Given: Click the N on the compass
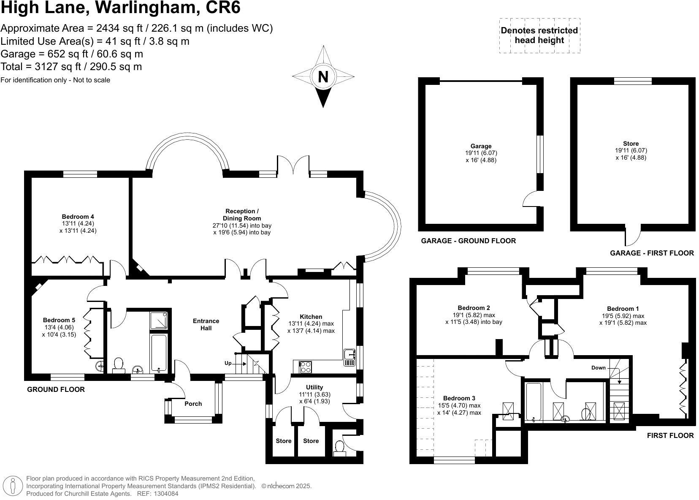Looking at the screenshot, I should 323,77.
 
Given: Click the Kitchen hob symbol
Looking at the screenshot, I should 305,367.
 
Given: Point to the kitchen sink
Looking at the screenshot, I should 349,357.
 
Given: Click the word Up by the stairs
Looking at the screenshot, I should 228,363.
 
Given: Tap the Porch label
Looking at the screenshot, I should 193,404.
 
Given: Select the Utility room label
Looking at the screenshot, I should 314,387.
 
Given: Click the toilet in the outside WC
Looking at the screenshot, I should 339,447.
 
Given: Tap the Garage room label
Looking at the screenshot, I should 481,146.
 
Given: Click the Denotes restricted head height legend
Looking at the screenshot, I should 539,35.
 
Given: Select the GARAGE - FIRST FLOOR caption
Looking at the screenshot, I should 652,253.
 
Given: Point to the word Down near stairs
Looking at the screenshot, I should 598,368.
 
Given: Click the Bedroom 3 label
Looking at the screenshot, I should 459,398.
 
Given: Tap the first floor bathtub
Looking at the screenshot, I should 534,402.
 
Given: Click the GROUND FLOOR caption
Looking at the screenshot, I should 56,389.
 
